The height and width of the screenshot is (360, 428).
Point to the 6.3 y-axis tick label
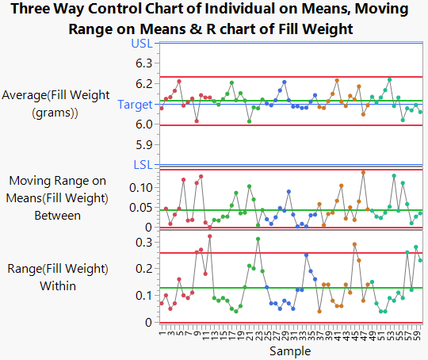(x=143, y=63)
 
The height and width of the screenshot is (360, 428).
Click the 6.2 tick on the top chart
(x=143, y=83)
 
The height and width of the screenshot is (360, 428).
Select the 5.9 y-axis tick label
(x=143, y=145)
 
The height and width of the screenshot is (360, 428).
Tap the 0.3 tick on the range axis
(x=143, y=242)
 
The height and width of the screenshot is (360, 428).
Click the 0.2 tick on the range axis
(x=143, y=269)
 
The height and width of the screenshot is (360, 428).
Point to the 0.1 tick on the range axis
(x=143, y=296)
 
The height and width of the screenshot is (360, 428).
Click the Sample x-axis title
(x=289, y=350)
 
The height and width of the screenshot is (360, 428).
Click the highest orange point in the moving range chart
(x=363, y=172)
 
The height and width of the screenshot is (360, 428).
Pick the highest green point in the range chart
(x=258, y=239)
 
